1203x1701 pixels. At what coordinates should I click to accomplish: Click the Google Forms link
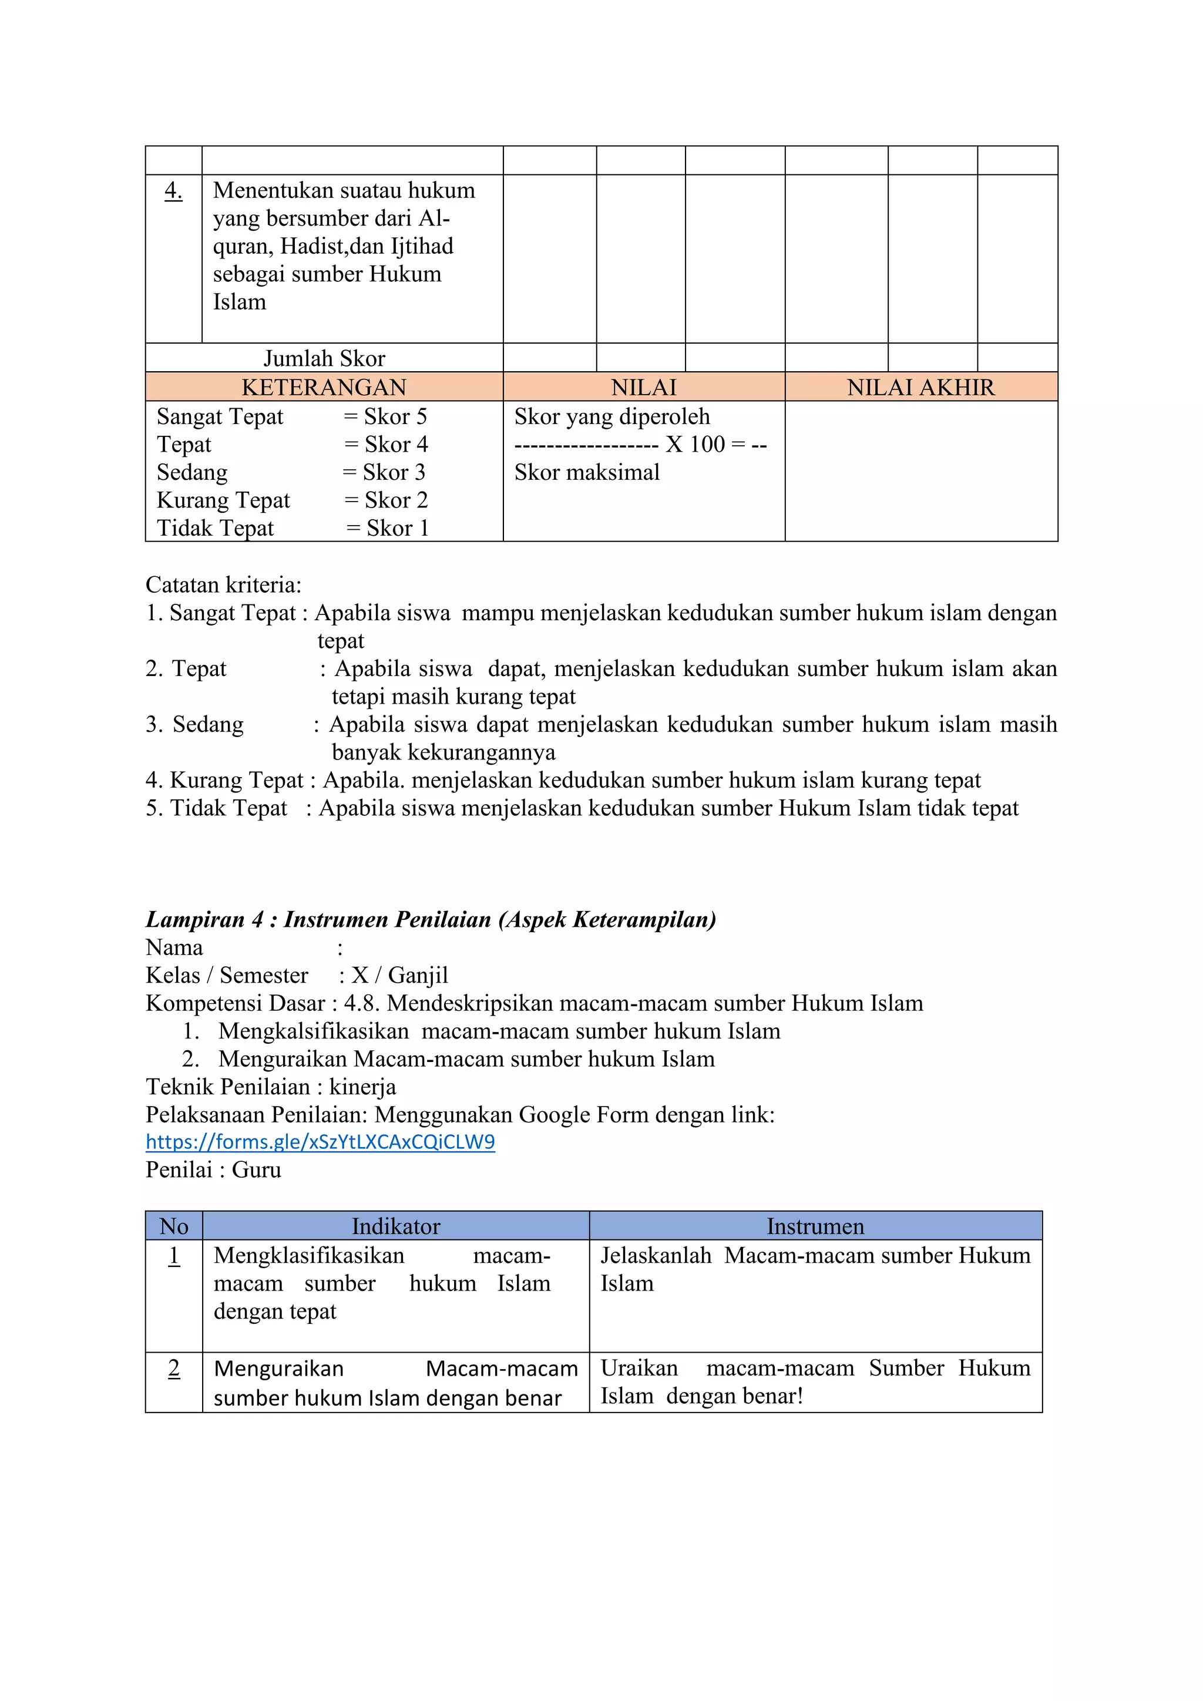click(320, 1142)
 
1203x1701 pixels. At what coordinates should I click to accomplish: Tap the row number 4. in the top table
click(173, 191)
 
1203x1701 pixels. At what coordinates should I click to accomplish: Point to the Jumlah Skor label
click(324, 358)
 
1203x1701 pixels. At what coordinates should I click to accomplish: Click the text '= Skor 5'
click(385, 416)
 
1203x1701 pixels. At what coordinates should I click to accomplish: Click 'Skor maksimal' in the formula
click(587, 473)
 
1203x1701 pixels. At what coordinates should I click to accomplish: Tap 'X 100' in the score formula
click(695, 445)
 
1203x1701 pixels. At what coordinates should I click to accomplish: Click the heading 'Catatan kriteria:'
click(224, 585)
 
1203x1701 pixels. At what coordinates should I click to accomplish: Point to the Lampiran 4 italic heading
click(431, 919)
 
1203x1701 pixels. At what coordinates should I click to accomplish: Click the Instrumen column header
click(815, 1226)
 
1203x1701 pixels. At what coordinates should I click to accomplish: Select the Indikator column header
click(395, 1226)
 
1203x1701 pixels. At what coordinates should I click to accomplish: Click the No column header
click(174, 1226)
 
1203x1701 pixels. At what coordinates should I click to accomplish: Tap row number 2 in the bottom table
click(174, 1369)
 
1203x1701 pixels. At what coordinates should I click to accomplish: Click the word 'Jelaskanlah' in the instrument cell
click(656, 1256)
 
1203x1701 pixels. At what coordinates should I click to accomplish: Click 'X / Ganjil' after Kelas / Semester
click(399, 975)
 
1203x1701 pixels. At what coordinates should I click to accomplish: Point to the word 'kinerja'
click(362, 1087)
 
